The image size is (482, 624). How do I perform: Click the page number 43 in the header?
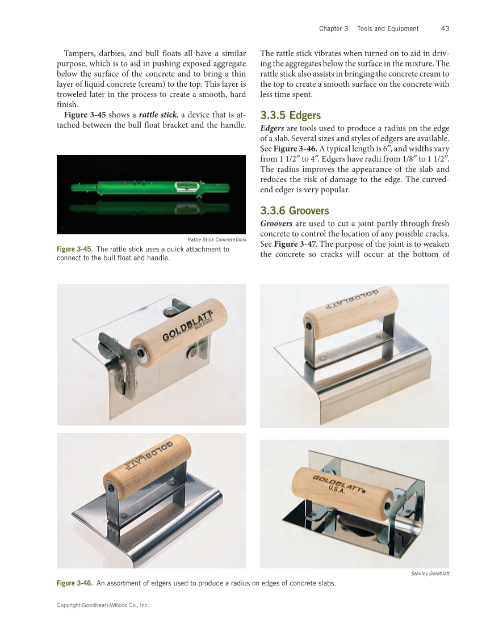click(x=445, y=28)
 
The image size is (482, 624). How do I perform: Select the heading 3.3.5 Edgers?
click(x=290, y=116)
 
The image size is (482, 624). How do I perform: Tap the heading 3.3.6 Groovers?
click(x=294, y=210)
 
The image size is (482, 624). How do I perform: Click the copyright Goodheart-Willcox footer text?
click(x=102, y=605)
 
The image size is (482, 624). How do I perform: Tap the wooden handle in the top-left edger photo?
click(x=179, y=330)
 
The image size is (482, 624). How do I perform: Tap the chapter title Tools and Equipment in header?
click(x=388, y=28)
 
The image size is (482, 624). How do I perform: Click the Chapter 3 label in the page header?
click(x=334, y=28)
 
